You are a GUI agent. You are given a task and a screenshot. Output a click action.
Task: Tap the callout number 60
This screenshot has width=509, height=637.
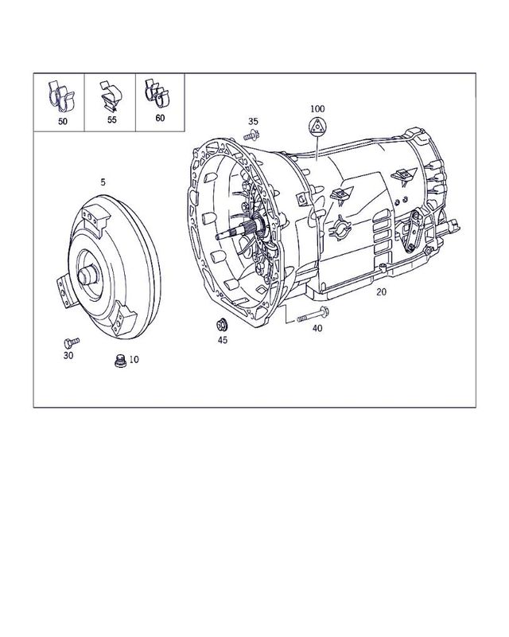[160, 118]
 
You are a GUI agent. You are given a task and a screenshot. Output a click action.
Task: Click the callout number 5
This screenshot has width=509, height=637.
[103, 182]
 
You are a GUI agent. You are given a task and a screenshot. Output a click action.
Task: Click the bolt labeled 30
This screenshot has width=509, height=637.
[69, 342]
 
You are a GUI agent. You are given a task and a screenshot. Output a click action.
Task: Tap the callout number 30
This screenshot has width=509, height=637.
[68, 356]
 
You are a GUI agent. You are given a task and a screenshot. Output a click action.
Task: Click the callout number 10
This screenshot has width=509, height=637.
[133, 360]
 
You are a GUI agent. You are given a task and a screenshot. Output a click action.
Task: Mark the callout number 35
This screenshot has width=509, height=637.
[253, 121]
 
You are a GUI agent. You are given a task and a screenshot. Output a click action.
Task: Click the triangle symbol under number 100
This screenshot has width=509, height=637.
[317, 127]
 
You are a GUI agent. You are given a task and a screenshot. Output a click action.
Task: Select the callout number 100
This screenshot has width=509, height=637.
[317, 107]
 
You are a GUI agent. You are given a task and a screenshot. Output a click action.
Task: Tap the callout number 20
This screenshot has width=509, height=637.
[382, 292]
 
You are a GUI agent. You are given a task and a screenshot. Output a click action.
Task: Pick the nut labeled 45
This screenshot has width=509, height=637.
[223, 323]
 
